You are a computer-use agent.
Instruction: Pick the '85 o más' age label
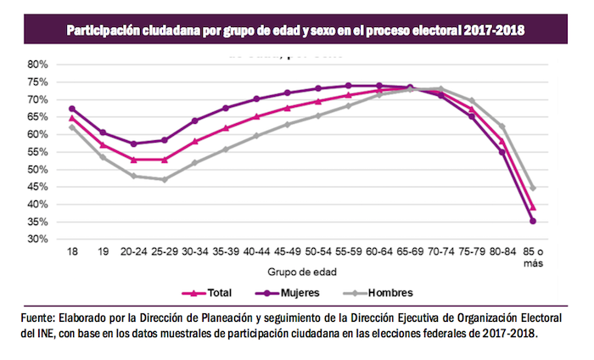[532, 257]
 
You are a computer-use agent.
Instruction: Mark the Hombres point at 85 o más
[533, 188]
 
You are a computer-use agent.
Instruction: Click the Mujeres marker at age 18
[72, 109]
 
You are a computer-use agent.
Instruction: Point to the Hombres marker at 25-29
[165, 179]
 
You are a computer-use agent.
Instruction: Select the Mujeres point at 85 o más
[533, 221]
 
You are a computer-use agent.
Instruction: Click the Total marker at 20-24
[134, 159]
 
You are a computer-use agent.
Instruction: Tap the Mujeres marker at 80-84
[502, 152]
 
